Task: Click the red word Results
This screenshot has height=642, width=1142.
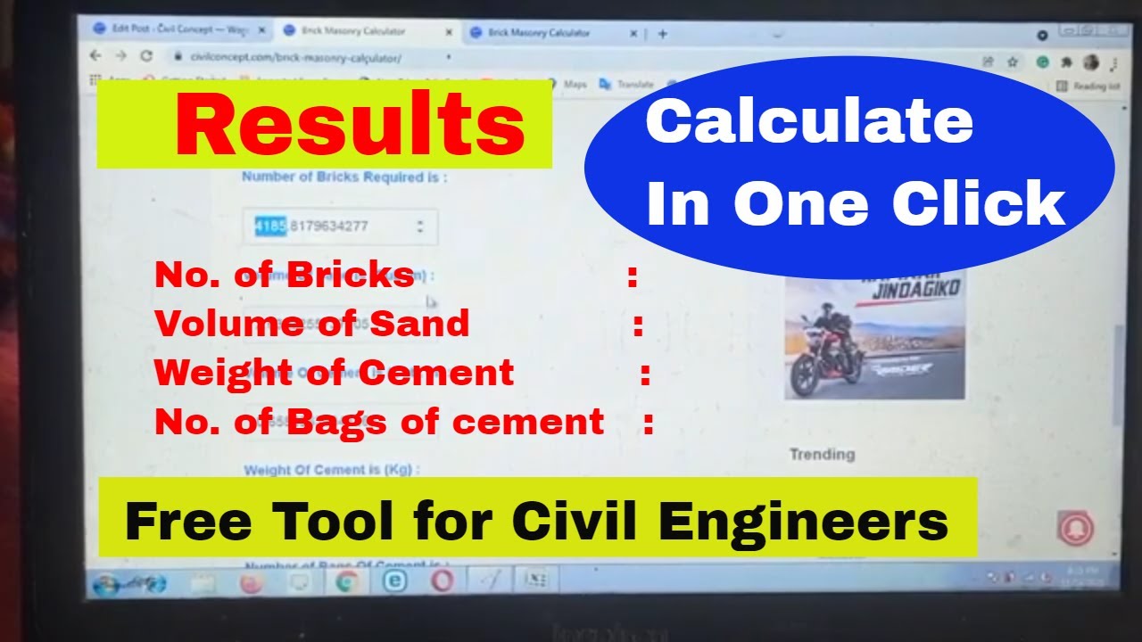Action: (350, 125)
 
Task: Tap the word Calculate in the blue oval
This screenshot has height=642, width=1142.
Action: (808, 122)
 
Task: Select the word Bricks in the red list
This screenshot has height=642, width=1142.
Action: (350, 276)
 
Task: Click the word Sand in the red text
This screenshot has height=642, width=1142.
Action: (419, 324)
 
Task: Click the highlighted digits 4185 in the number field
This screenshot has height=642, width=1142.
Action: (270, 226)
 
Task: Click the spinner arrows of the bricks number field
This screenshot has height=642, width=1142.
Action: (419, 226)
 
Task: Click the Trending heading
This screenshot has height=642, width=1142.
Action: (822, 455)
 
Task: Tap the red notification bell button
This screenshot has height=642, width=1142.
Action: (1075, 528)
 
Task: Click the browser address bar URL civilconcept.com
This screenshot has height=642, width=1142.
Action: (295, 58)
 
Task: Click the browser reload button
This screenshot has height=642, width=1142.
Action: (146, 55)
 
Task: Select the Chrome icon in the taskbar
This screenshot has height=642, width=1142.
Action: (346, 582)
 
